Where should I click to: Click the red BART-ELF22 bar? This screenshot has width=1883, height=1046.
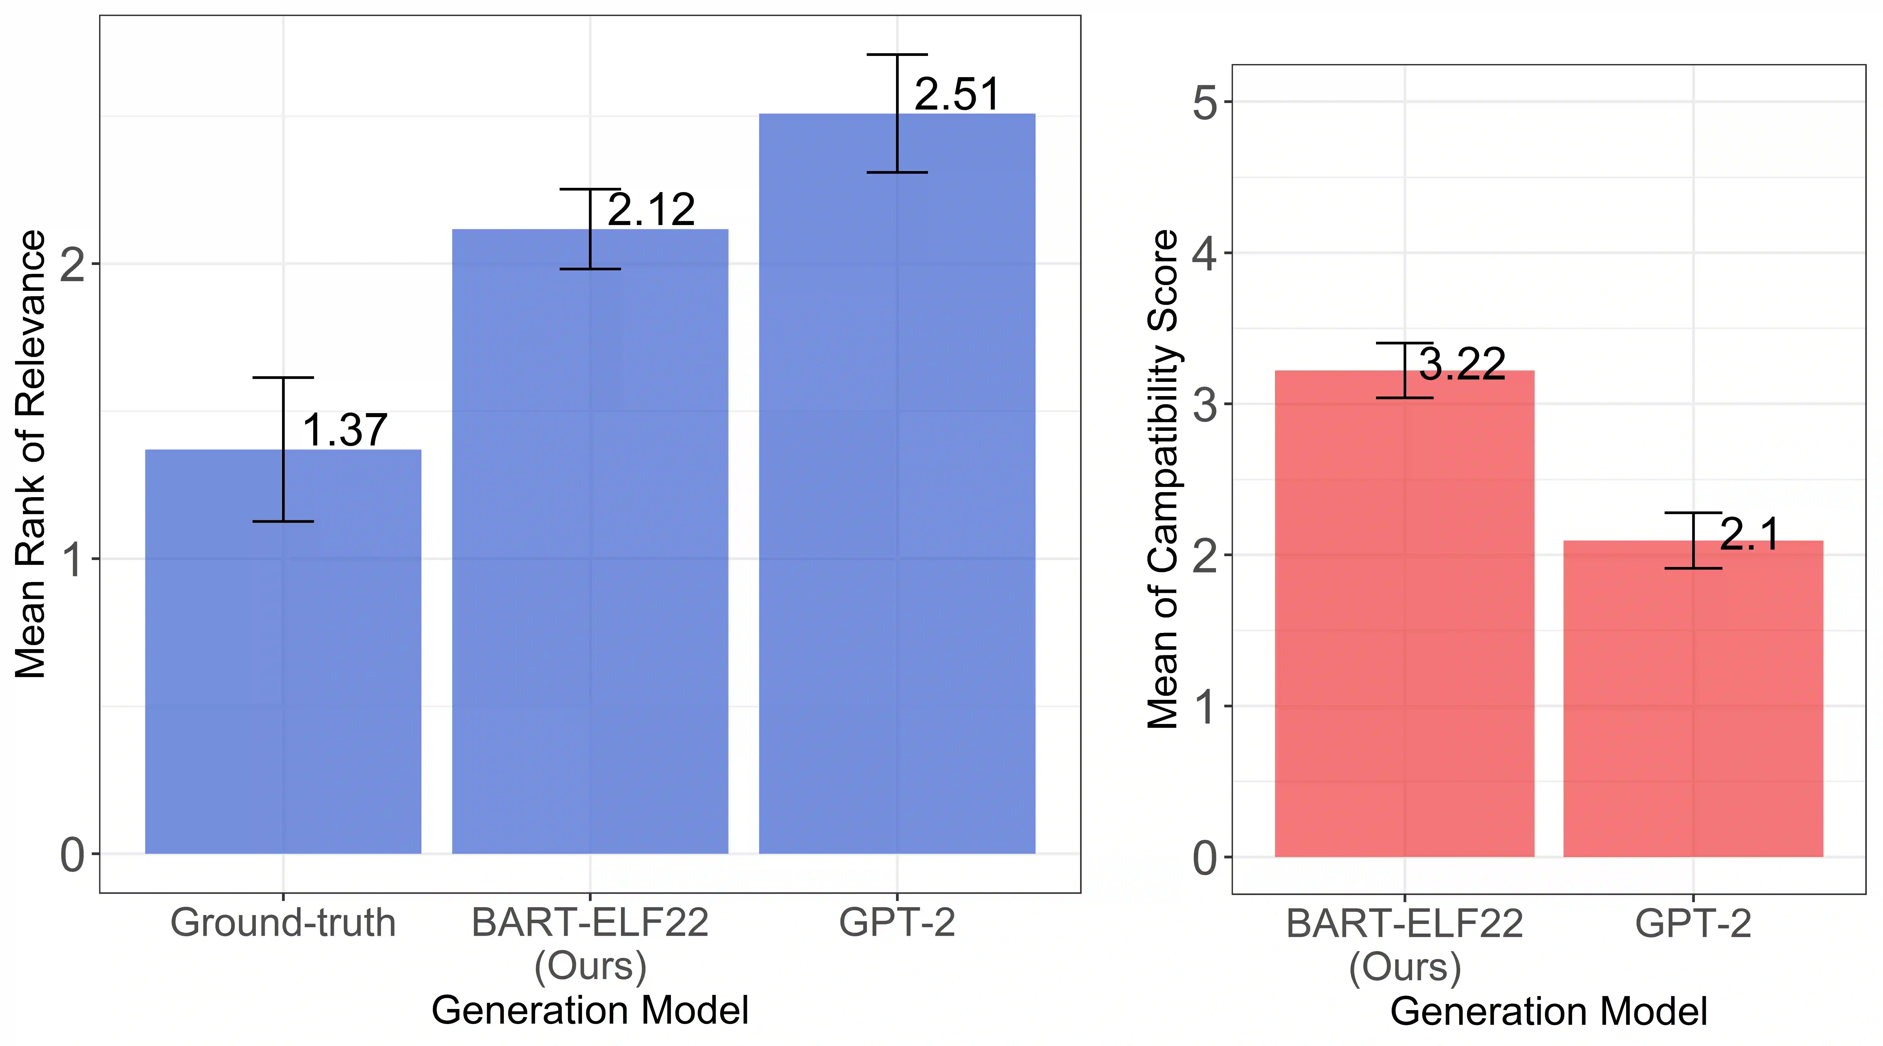[1404, 622]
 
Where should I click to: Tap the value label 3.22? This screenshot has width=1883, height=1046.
[1463, 364]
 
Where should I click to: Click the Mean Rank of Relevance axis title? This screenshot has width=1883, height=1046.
[31, 454]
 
